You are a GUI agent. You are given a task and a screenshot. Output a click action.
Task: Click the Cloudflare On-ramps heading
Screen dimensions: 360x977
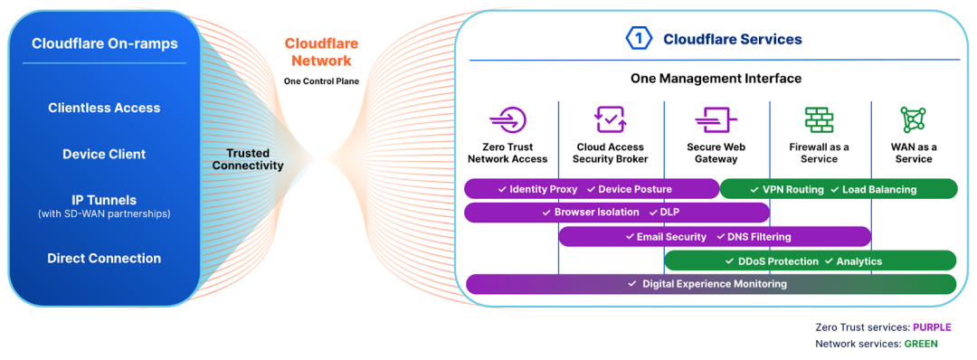click(x=104, y=43)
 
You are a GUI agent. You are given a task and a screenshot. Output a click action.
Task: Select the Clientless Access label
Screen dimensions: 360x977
click(x=104, y=108)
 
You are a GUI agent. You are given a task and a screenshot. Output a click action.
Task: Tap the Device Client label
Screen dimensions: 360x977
click(x=104, y=154)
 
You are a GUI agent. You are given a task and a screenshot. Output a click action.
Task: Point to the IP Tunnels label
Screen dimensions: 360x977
click(x=104, y=200)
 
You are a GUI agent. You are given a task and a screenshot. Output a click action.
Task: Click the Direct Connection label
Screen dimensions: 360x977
click(x=104, y=259)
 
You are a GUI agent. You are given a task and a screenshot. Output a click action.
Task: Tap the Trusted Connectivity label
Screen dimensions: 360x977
click(x=248, y=159)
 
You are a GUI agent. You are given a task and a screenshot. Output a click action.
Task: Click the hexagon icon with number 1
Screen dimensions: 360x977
click(x=640, y=39)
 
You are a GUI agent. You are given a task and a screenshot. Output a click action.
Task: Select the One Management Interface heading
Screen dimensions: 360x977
click(x=716, y=79)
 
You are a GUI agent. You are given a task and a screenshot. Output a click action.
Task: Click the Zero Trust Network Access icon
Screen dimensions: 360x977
click(x=507, y=119)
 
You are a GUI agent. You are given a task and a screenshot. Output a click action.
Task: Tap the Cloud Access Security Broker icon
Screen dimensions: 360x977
click(x=610, y=119)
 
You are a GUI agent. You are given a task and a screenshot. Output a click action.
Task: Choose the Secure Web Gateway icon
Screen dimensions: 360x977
click(x=716, y=119)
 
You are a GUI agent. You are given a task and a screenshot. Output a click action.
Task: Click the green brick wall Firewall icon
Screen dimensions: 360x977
click(x=819, y=119)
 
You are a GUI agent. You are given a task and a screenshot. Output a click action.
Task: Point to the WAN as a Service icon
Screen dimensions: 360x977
click(x=913, y=119)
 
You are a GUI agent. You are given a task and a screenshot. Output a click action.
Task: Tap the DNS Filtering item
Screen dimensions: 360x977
click(x=758, y=237)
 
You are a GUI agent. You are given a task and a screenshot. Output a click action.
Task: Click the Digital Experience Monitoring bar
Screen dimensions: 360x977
click(x=713, y=284)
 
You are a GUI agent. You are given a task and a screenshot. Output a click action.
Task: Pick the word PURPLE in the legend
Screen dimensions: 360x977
click(x=931, y=327)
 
